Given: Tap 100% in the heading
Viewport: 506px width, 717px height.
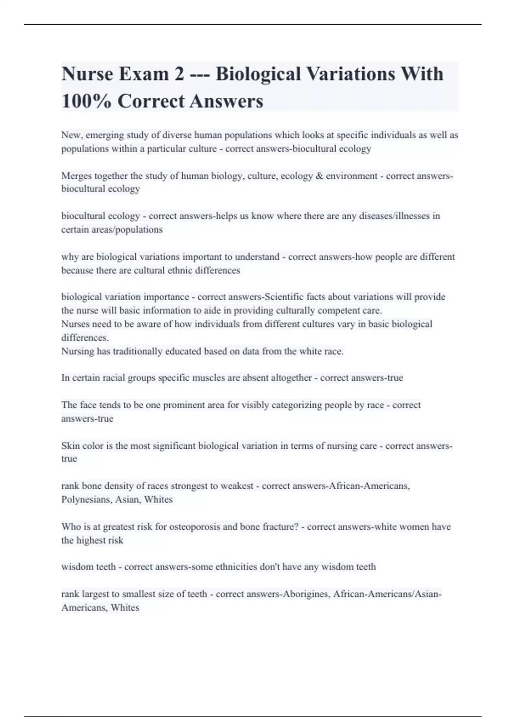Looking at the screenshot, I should click(x=86, y=101).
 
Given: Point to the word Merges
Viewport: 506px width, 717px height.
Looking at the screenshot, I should click(x=76, y=176).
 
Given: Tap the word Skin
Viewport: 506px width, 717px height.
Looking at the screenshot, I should click(x=70, y=446).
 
